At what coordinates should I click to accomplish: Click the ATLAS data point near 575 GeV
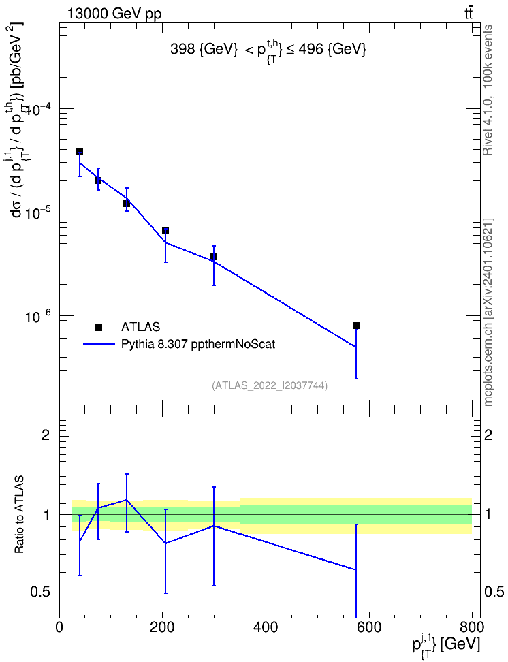pos(356,326)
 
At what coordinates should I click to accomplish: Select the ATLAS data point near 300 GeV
pos(214,257)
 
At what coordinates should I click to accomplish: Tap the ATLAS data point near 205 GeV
pos(165,231)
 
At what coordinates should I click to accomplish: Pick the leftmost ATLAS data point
pos(80,152)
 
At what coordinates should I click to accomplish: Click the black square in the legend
pos(99,327)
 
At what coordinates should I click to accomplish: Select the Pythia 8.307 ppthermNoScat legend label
pos(198,345)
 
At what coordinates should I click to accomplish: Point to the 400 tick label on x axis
pos(266,627)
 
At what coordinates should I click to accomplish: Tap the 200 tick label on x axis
pos(163,627)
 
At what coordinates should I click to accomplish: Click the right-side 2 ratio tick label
pos(488,435)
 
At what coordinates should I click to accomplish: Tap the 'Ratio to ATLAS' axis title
pos(19,514)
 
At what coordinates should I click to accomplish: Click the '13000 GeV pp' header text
pos(114,14)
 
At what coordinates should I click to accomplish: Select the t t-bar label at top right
pos(469,13)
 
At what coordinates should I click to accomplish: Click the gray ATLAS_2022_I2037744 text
pos(270,385)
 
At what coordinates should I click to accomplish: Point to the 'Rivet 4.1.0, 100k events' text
pos(488,91)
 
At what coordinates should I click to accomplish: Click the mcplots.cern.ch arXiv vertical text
pos(488,312)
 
